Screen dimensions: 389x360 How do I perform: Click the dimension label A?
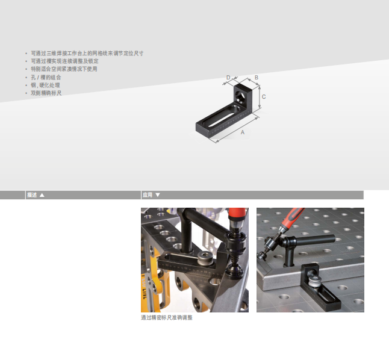click(243, 132)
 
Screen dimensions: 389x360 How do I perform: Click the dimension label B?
click(257, 78)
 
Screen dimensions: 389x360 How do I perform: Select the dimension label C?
click(264, 97)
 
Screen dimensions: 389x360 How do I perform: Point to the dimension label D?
click(228, 78)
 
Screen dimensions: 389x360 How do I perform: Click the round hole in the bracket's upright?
click(240, 95)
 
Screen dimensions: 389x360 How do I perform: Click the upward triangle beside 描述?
click(42, 195)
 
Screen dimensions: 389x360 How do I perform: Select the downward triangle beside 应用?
click(158, 195)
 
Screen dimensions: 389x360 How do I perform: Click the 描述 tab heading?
click(32, 195)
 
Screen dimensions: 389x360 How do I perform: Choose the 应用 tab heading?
click(148, 195)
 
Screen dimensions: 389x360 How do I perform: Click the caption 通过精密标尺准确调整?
click(167, 318)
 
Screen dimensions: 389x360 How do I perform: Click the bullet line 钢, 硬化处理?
click(45, 85)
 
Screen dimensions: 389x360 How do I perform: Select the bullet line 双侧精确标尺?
click(46, 93)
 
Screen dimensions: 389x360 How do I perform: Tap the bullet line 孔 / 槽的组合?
click(46, 78)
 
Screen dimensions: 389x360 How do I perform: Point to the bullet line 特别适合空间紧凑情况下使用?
click(64, 69)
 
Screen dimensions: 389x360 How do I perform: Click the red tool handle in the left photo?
click(237, 213)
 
